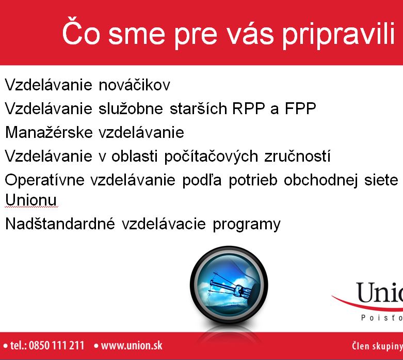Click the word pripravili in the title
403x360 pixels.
coord(338,35)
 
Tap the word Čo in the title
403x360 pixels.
coord(81,31)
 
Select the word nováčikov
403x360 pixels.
coord(134,84)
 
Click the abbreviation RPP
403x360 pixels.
coord(249,108)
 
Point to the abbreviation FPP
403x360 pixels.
coord(300,108)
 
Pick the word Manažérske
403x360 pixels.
coord(49,132)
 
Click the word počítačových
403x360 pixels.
coord(211,156)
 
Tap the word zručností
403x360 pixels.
coord(297,156)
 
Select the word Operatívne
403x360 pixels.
coord(44,180)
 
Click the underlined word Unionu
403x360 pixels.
coord(31,200)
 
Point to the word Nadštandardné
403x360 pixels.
coord(60,223)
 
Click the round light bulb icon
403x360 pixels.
coord(229,285)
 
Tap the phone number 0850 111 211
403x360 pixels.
coord(56,346)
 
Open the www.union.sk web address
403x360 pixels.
coord(132,346)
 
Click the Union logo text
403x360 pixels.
coord(379,293)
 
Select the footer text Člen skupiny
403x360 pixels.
coord(377,346)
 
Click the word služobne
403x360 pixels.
coord(131,108)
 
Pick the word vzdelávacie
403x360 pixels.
coord(164,223)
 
